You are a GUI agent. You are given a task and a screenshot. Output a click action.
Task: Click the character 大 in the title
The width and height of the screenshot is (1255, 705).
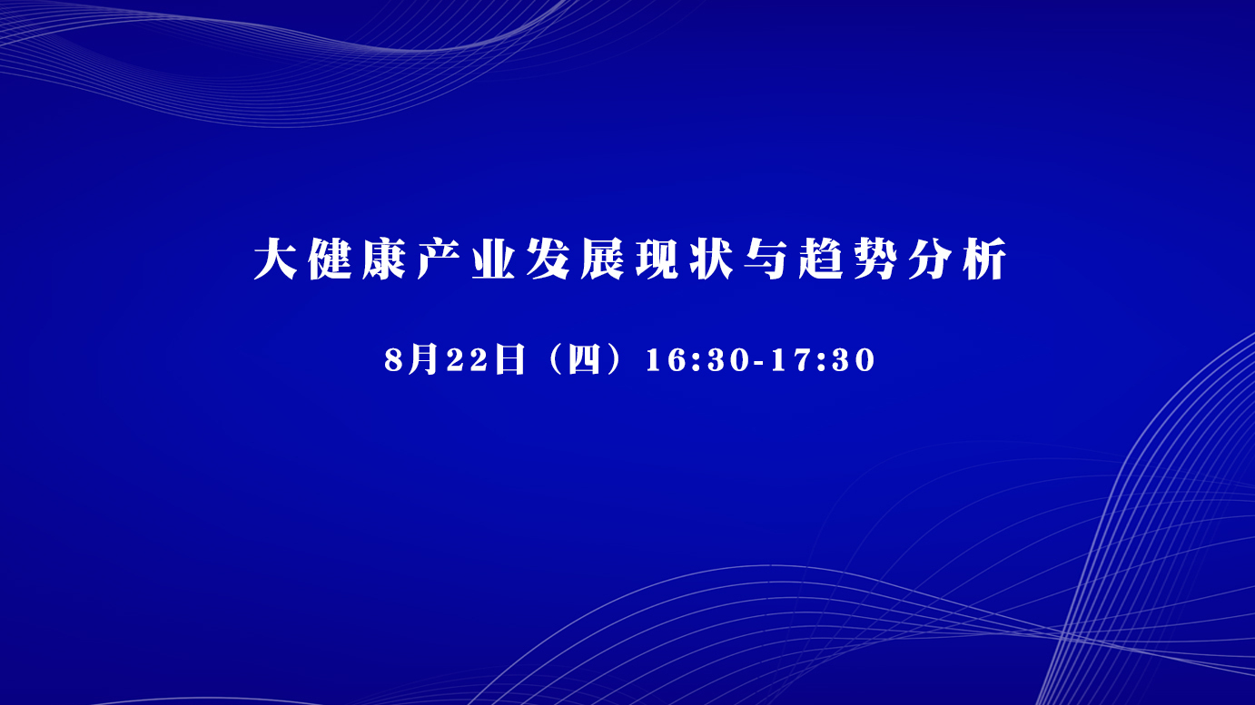(x=275, y=259)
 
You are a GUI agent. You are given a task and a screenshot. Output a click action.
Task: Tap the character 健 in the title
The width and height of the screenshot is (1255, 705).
(x=330, y=259)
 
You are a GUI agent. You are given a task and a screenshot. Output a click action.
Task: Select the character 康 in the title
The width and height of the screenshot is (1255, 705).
(x=384, y=259)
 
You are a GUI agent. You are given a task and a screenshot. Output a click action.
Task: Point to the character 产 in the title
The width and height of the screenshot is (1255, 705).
(x=439, y=259)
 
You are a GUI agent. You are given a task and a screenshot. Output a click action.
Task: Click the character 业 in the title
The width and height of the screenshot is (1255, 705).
(x=493, y=259)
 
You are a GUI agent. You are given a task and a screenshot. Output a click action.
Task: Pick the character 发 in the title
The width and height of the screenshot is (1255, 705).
(x=548, y=259)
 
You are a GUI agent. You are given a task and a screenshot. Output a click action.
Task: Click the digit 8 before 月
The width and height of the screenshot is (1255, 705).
(x=394, y=359)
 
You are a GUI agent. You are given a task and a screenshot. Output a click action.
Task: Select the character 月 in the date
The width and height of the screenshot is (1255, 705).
(x=423, y=359)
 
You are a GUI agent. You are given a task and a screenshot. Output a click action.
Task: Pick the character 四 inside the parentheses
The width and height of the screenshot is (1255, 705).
(x=584, y=359)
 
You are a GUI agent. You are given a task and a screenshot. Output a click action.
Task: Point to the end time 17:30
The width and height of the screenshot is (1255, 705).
(x=823, y=359)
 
